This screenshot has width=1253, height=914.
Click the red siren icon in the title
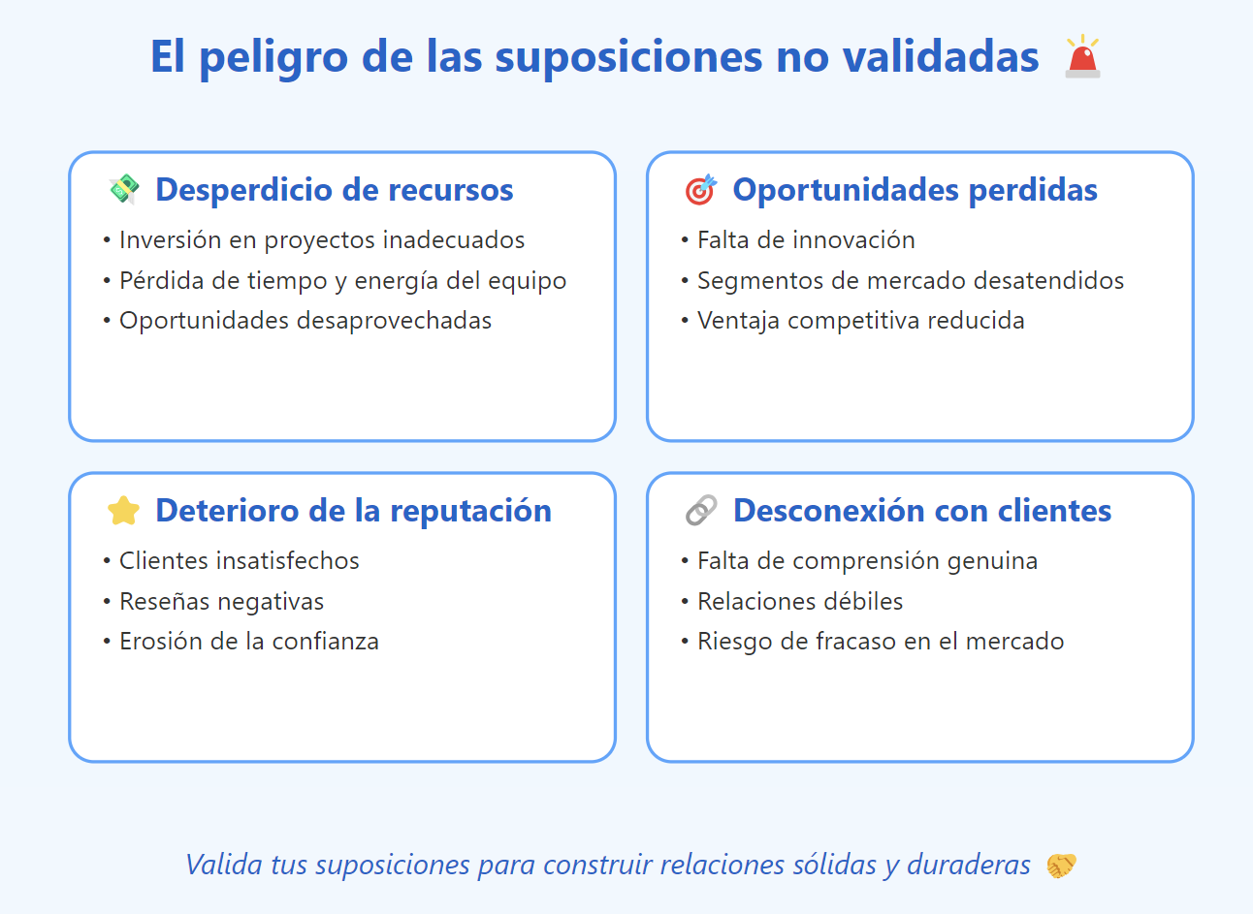point(1082,56)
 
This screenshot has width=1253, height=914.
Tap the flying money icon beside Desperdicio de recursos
point(123,189)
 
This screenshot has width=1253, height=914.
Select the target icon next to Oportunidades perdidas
point(701,189)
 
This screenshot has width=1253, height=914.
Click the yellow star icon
point(123,511)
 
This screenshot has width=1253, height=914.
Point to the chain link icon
point(701,510)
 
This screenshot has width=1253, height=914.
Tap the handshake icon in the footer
point(1061,866)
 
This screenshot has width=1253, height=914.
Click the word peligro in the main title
point(273,58)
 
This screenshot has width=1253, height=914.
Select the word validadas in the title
point(941,56)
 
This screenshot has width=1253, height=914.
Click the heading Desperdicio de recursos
point(334,190)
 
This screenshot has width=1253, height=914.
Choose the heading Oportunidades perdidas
point(916,190)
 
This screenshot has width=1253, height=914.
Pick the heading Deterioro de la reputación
point(354,511)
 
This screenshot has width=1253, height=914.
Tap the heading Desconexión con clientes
point(922,511)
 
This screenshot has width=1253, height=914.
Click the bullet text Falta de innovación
point(806,239)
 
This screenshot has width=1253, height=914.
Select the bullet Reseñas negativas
point(221,602)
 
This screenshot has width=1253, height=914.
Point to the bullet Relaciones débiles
point(800,601)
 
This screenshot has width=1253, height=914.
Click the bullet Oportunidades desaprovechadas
point(305,321)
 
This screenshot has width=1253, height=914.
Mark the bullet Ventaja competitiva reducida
point(861,321)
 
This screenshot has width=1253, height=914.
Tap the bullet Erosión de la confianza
point(249,642)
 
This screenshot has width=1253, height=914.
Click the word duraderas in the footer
point(968,865)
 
